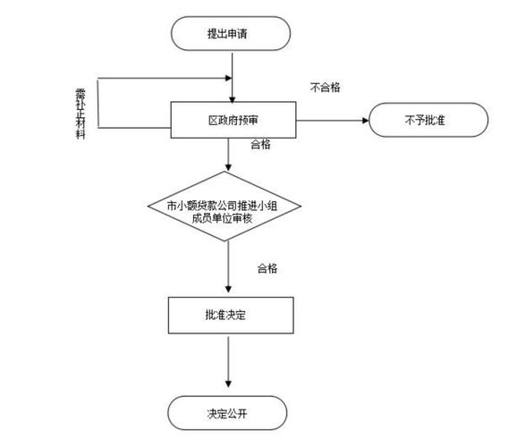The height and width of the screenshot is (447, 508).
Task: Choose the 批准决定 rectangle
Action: click(x=231, y=315)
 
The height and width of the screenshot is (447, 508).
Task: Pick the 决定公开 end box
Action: click(x=231, y=412)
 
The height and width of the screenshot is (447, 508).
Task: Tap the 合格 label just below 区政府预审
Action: click(x=261, y=144)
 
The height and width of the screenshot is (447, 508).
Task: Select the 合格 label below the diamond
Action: click(x=267, y=268)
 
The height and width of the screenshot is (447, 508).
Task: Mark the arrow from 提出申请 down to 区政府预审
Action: click(x=232, y=77)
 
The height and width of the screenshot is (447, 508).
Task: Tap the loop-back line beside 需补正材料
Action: click(x=98, y=103)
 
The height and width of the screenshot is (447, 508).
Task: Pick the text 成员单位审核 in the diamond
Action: click(x=230, y=219)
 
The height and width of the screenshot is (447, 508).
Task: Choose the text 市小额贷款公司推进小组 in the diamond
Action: click(x=230, y=205)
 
